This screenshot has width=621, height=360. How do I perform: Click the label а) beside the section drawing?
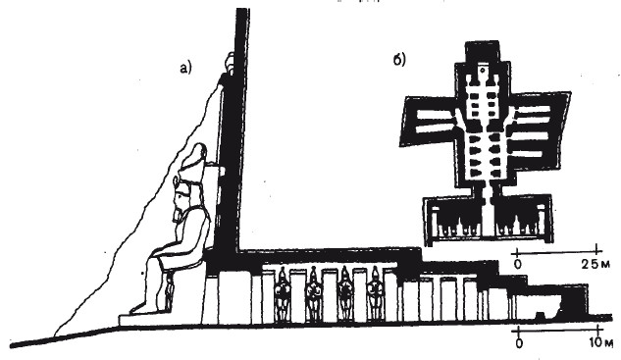185,68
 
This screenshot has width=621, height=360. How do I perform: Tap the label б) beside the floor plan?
399,60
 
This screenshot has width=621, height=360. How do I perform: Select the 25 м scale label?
595,264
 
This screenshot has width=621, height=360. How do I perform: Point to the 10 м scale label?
600,342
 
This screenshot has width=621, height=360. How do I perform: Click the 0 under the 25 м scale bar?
518,264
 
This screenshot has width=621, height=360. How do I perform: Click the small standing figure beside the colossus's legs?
170,292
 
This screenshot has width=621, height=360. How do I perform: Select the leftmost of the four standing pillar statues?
283,294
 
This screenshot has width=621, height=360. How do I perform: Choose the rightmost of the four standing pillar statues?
375,293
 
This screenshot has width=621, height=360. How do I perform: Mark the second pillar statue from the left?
314,294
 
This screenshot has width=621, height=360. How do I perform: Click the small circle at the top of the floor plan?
483,70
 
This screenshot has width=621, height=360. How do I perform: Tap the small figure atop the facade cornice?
230,63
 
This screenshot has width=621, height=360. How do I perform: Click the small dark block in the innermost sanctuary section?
540,316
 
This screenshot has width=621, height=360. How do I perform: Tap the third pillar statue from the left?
344,294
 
